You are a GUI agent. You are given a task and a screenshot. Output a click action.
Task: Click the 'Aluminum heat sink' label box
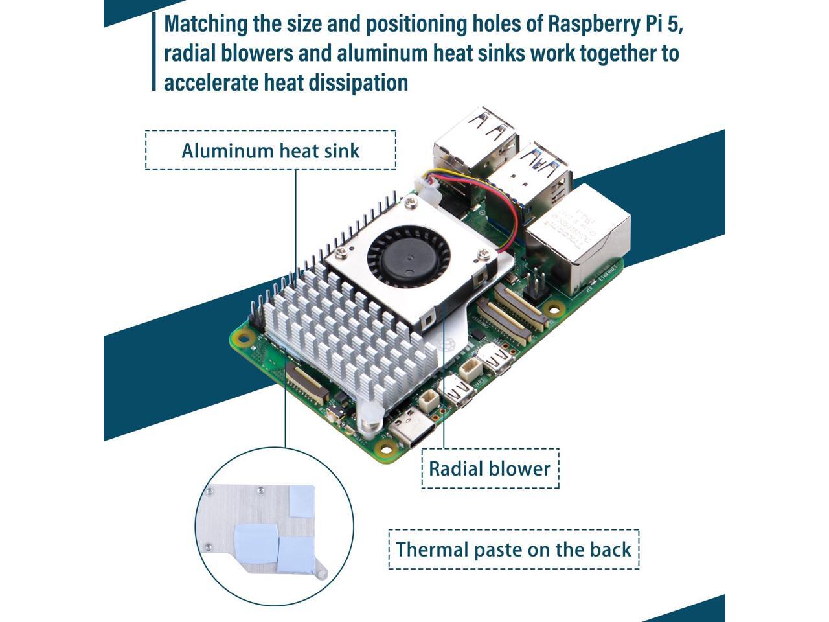(x=270, y=150)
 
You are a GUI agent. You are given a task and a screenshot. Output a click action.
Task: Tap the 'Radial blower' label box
(x=490, y=468)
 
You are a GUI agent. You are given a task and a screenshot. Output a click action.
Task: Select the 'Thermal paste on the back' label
(x=513, y=549)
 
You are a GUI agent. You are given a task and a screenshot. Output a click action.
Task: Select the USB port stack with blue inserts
(x=531, y=175)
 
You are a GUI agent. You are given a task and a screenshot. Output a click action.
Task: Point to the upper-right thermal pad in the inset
(x=301, y=501)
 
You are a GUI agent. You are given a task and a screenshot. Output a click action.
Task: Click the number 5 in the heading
(x=675, y=24)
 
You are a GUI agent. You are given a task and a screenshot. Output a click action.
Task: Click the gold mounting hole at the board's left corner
(x=244, y=337)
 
